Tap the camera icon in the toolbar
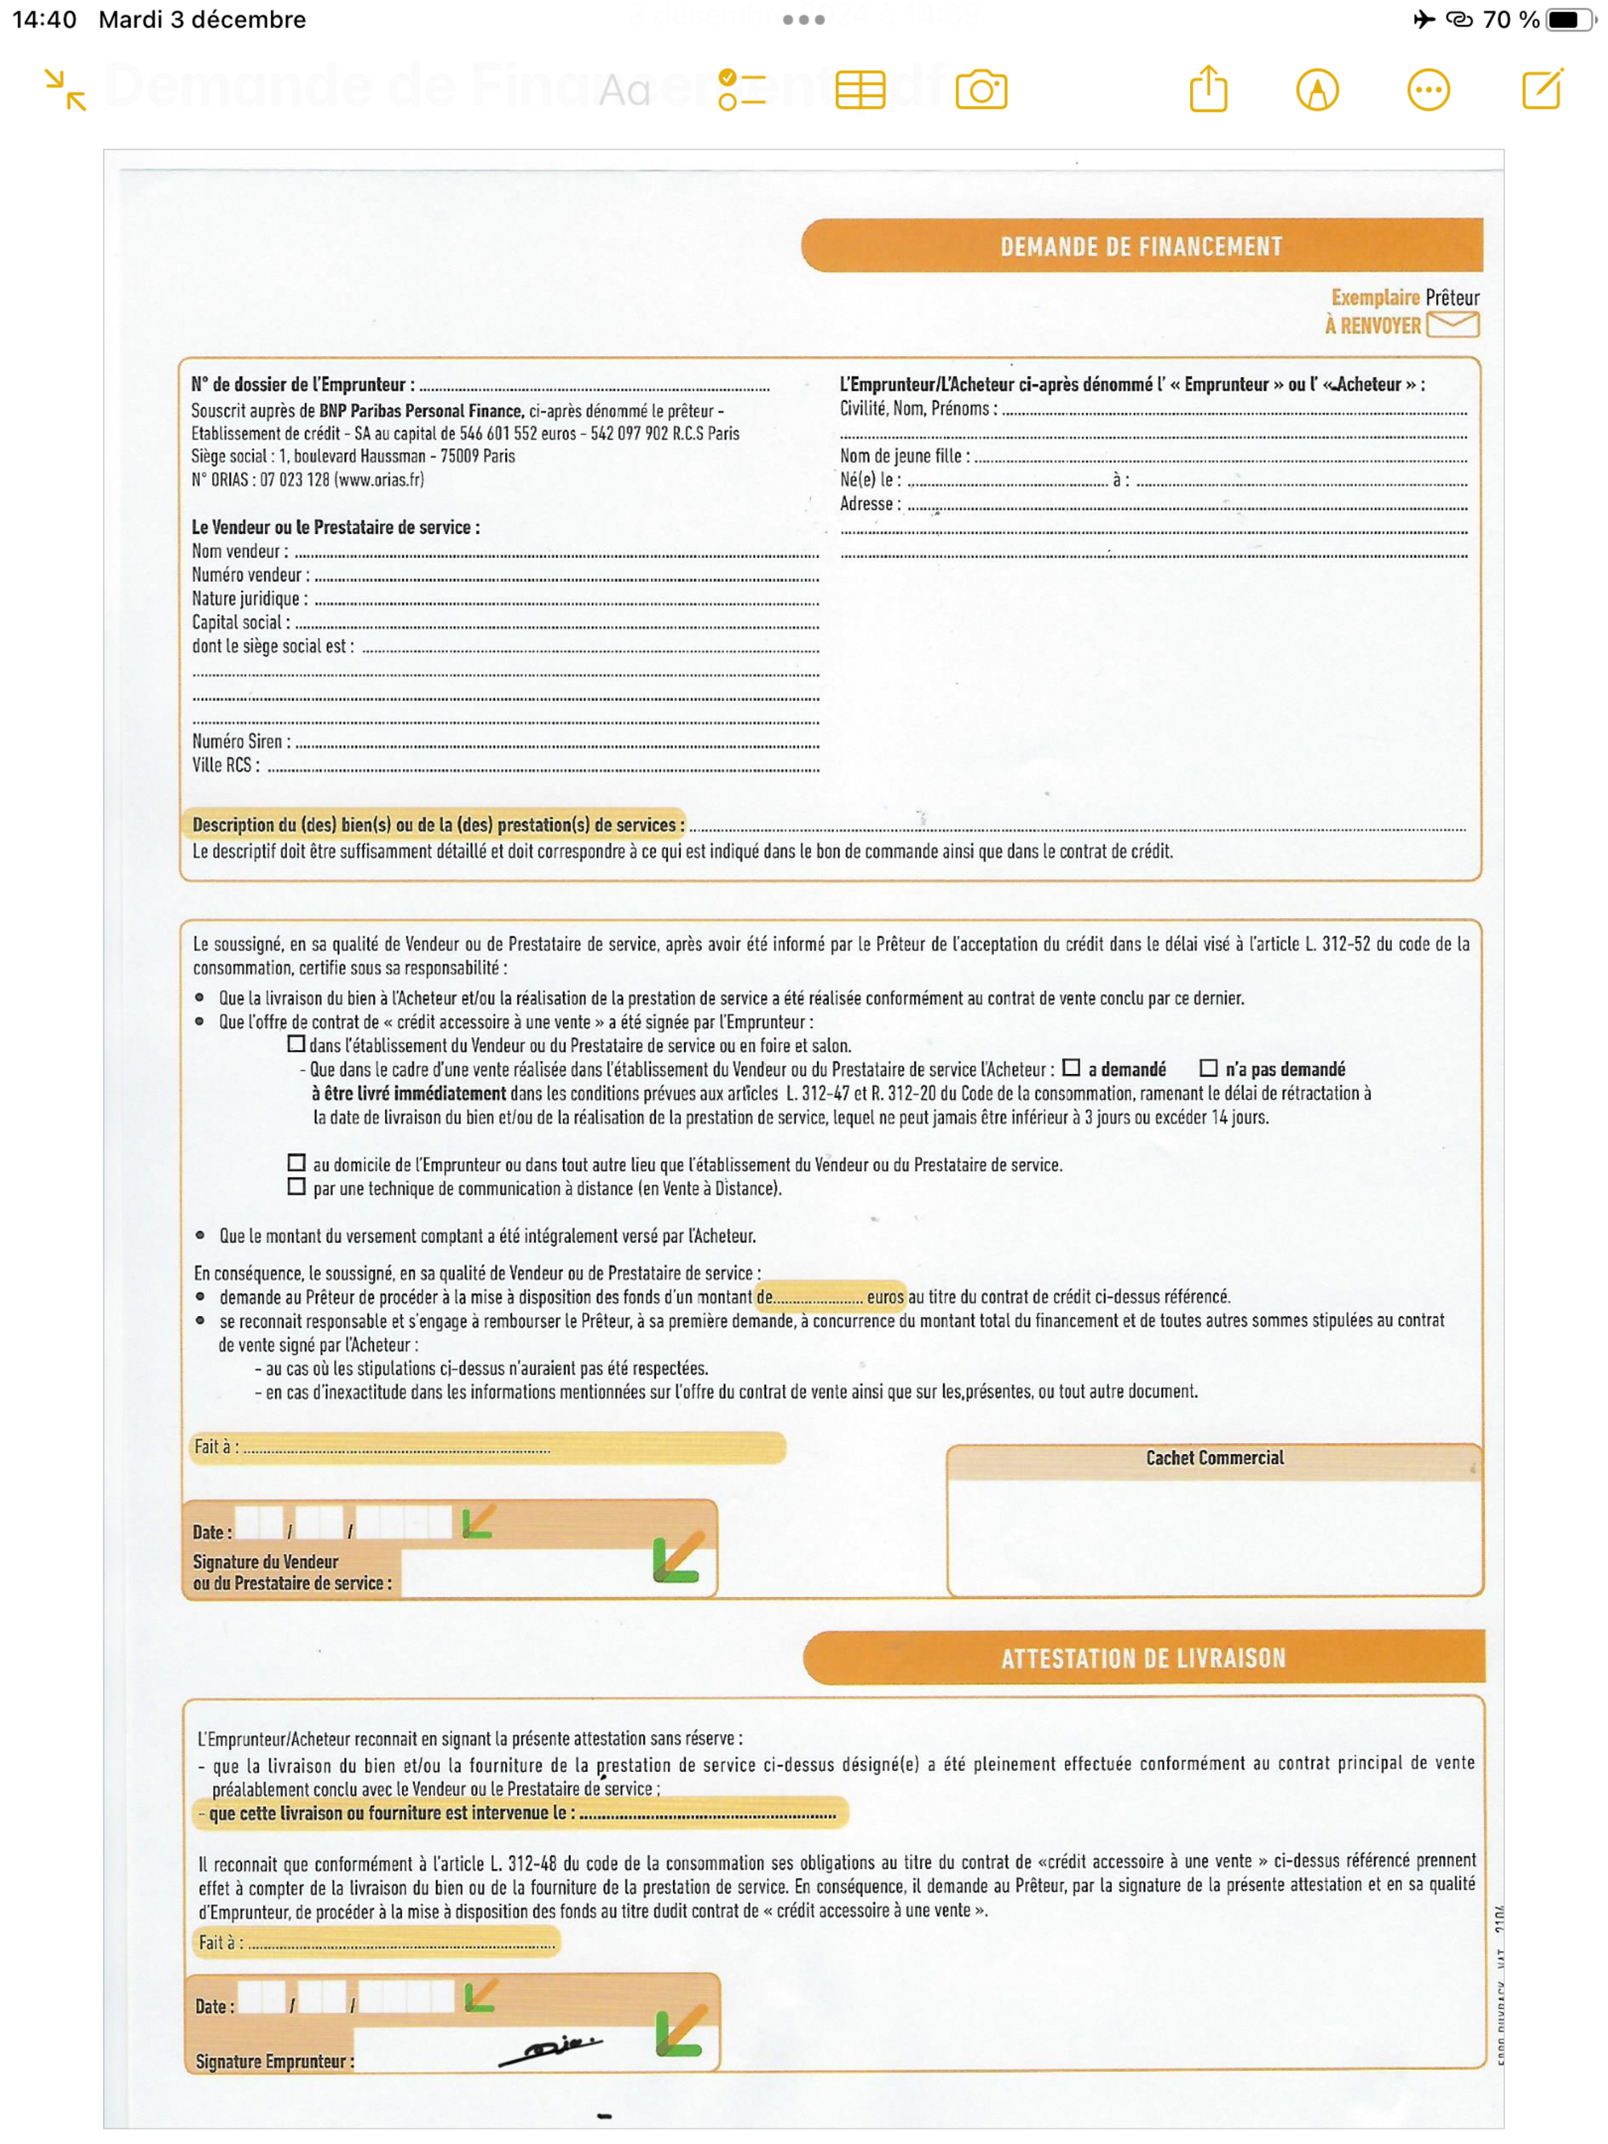coord(981,90)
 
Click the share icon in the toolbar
coord(1208,89)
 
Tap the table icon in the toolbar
coord(859,90)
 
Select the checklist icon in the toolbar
coord(741,90)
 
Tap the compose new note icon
coord(1541,89)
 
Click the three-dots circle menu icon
coord(1428,90)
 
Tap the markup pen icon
coord(1316,90)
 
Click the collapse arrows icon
coord(66,89)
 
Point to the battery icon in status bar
coord(1566,19)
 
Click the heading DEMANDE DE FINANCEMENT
coord(1141,246)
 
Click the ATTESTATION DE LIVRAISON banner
coord(1142,1658)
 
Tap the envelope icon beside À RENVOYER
coord(1453,324)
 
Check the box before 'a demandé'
coord(1071,1068)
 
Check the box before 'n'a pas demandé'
coord(1208,1068)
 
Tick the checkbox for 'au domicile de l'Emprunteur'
coord(297,1162)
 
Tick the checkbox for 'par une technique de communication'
coord(297,1187)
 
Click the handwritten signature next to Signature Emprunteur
coord(551,2050)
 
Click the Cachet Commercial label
coord(1215,1457)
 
